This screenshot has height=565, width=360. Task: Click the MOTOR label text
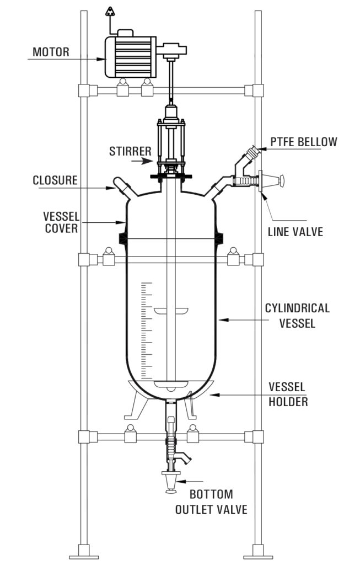(51, 52)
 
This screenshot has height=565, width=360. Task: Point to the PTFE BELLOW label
(303, 142)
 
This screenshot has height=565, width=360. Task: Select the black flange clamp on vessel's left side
(123, 238)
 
